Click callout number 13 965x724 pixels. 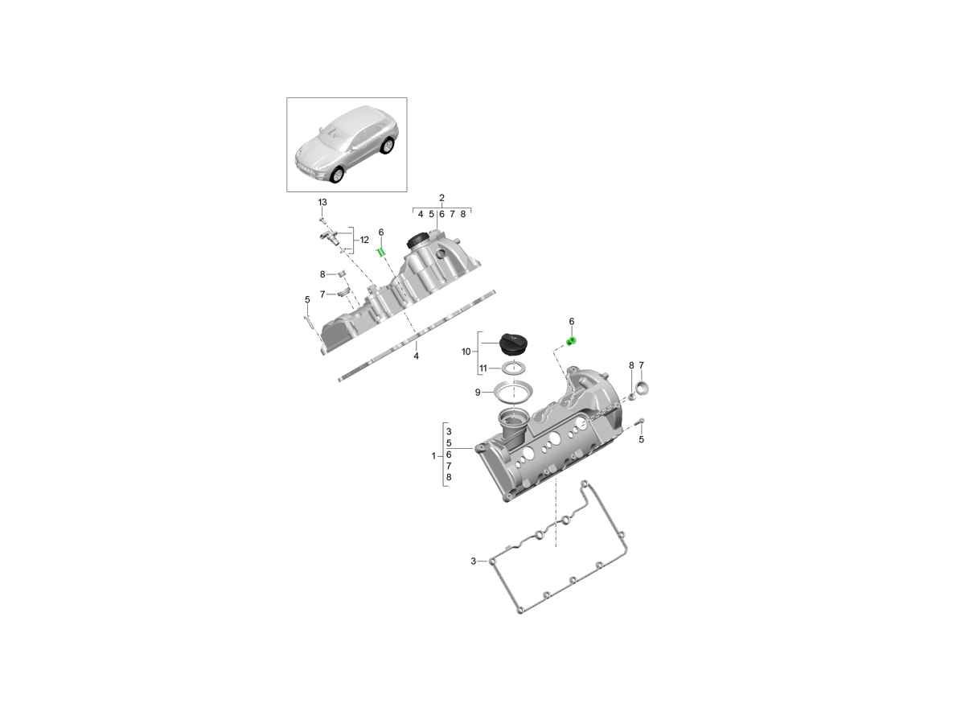point(322,202)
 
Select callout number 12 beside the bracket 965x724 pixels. point(364,240)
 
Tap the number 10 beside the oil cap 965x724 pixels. point(466,352)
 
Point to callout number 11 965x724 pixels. point(483,368)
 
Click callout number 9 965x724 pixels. point(478,393)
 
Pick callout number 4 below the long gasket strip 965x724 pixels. point(416,356)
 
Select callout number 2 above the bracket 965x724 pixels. point(441,198)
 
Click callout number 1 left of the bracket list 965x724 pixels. point(433,456)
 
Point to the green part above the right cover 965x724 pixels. point(572,341)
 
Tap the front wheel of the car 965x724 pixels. point(337,175)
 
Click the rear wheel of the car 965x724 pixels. point(387,146)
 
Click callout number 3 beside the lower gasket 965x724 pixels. point(474,562)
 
